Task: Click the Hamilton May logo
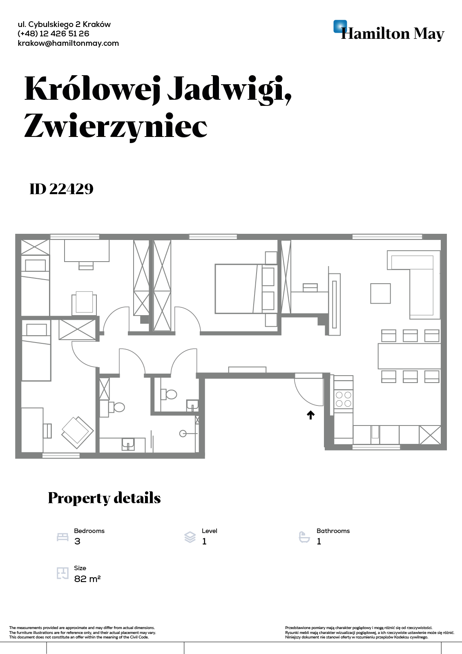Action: coord(388,31)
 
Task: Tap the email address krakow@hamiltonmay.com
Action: coord(68,43)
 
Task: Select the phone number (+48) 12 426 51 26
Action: coord(53,34)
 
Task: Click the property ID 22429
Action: coord(61,189)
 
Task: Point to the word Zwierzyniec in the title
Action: coord(116,126)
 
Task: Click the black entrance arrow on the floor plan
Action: coord(310,415)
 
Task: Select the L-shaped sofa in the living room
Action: coord(421,278)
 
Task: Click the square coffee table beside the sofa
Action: coord(380,293)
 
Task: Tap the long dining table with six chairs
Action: coord(409,356)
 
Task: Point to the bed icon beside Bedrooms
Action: coord(62,537)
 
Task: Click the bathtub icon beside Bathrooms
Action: coord(304,537)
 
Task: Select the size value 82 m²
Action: coord(87,579)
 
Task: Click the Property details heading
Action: coord(104,498)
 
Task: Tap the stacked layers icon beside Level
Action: coord(190,537)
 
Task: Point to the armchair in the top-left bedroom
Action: coord(84,303)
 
